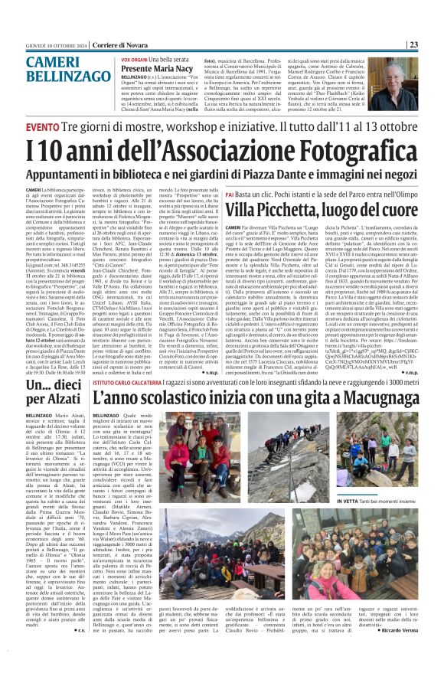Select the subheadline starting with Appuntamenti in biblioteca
coord(222,172)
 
